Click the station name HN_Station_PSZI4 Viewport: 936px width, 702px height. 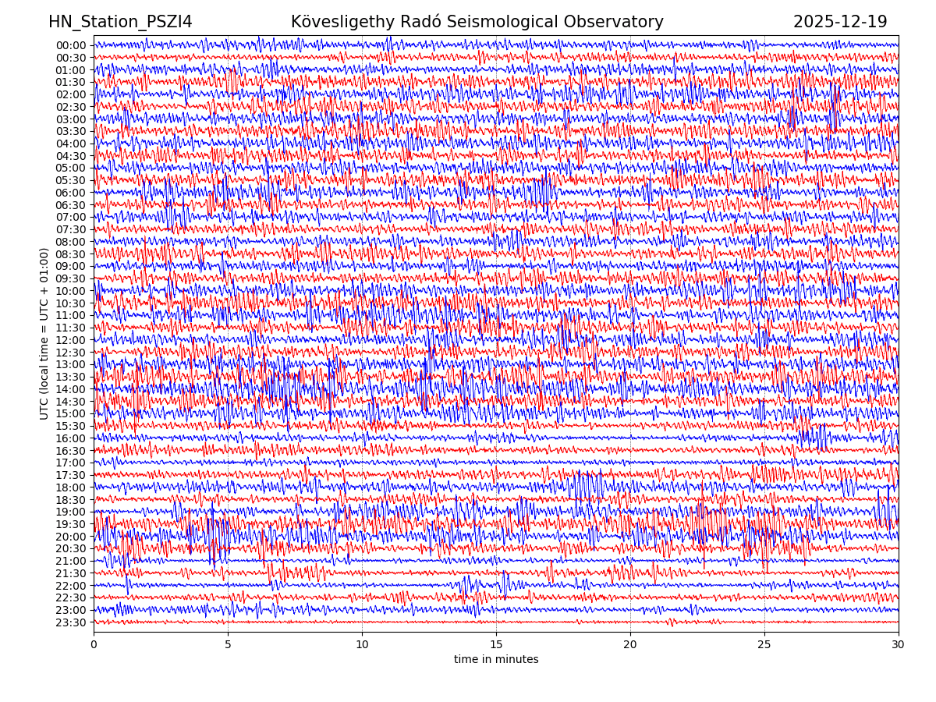tap(120, 22)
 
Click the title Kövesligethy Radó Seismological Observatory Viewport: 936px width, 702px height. tap(477, 22)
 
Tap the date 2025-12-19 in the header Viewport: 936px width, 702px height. tap(840, 22)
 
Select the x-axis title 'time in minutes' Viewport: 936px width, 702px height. tap(496, 660)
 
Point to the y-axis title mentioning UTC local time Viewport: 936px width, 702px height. tap(44, 333)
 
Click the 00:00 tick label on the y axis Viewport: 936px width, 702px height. tap(71, 45)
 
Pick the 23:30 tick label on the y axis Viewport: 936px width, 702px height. tap(71, 622)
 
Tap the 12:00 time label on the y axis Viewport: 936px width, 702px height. tap(71, 340)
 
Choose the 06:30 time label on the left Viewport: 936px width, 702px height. tap(71, 205)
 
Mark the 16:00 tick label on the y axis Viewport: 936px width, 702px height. tap(71, 438)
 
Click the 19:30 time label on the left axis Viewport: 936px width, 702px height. tap(71, 524)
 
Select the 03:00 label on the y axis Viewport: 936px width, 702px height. tap(71, 119)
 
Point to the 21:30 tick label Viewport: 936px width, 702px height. tap(71, 573)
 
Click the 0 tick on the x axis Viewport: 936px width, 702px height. tap(94, 644)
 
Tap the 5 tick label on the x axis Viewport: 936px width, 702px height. tap(228, 644)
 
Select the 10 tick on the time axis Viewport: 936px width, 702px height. tap(362, 644)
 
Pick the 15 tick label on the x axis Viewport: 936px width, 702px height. tap(496, 644)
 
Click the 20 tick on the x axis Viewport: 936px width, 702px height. tap(630, 644)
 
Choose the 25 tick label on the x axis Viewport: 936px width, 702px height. tap(764, 644)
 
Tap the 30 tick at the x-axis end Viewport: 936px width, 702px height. tap(899, 644)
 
